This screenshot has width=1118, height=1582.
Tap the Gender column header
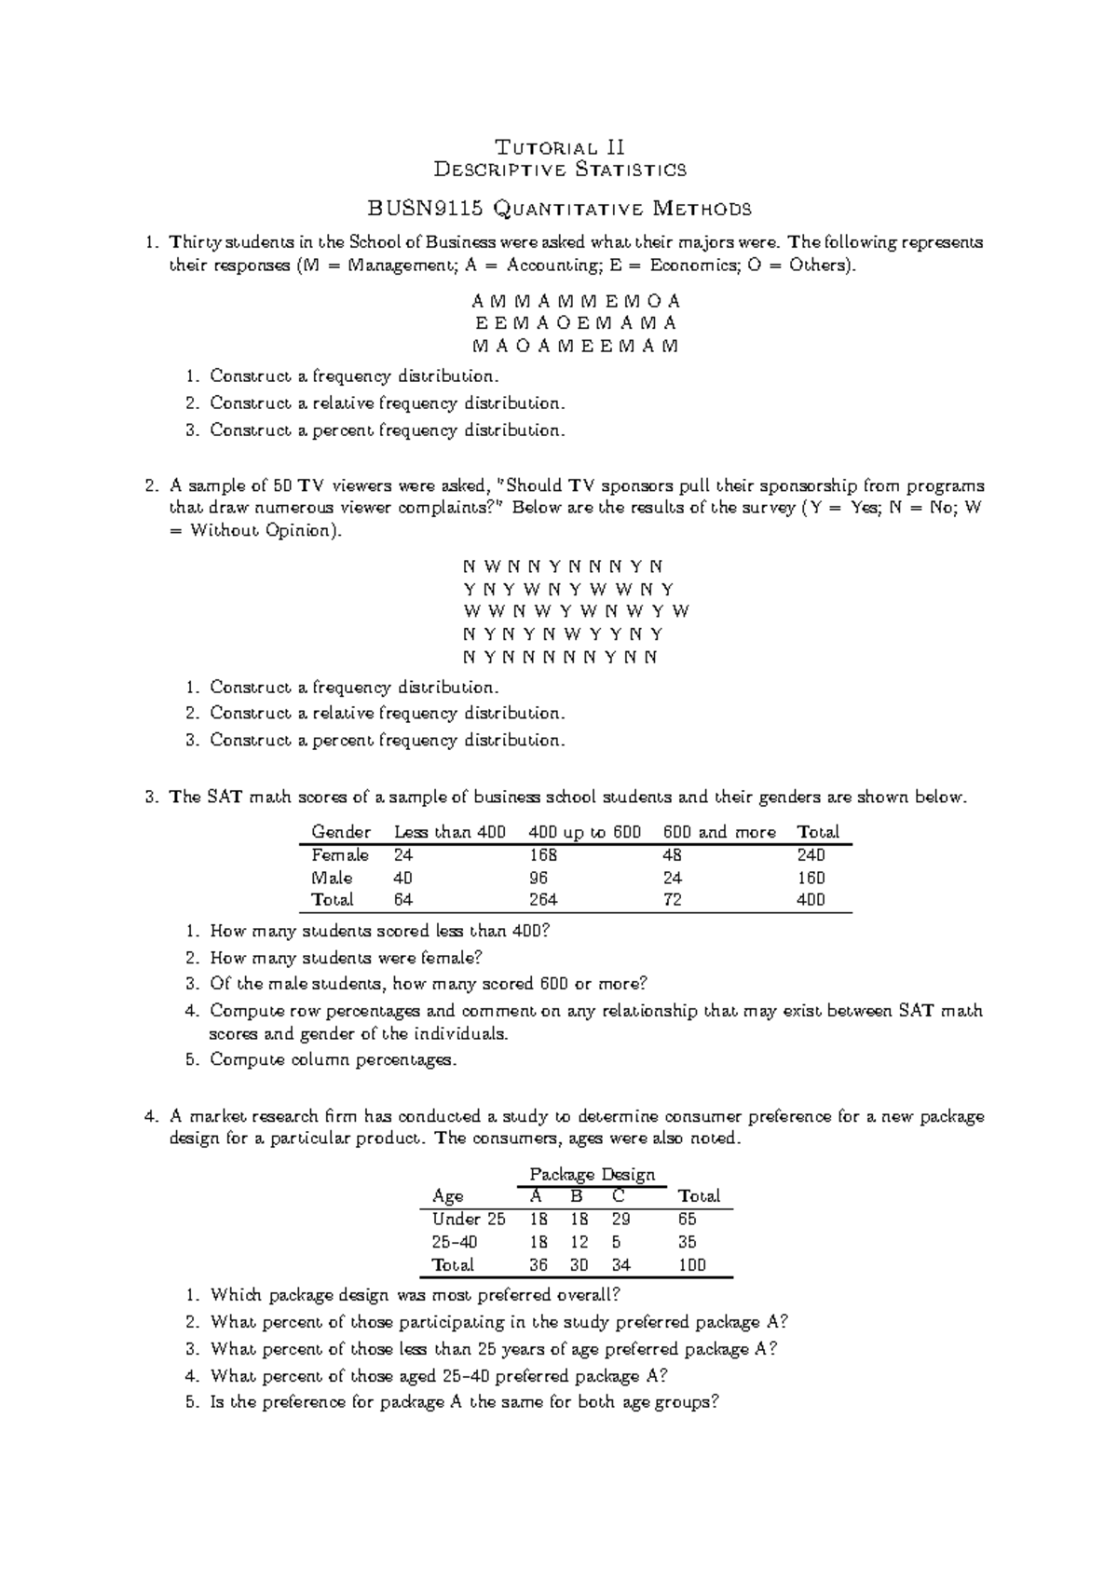340,832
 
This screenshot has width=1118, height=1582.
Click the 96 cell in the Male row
538,878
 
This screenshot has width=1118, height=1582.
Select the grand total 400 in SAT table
811,900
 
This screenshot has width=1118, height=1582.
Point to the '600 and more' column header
718,832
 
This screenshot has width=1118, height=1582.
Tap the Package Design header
592,1174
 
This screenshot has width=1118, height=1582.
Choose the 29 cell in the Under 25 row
621,1220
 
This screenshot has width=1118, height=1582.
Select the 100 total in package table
692,1265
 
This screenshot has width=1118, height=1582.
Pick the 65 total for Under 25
688,1220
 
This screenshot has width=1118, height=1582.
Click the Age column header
448,1196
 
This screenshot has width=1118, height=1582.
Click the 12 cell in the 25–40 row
579,1242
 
